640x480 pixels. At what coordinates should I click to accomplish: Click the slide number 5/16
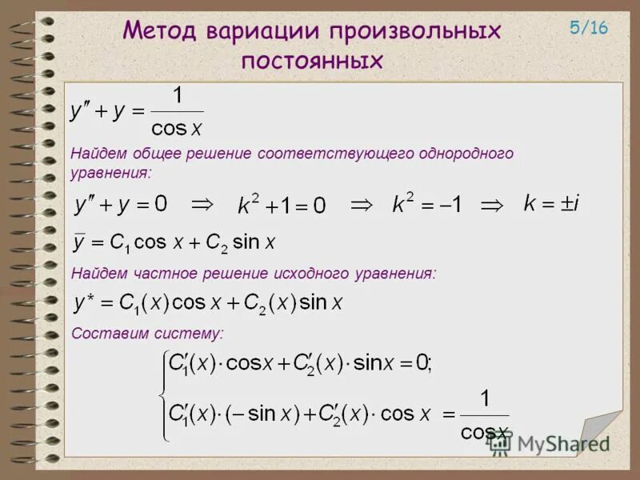(x=589, y=28)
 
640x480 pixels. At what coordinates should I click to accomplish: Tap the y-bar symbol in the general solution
(x=79, y=242)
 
